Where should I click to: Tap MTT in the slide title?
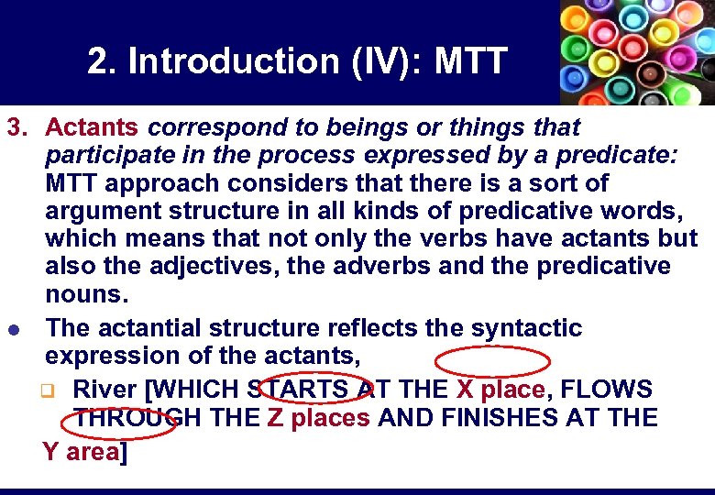click(470, 61)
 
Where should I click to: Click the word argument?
click(103, 211)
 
